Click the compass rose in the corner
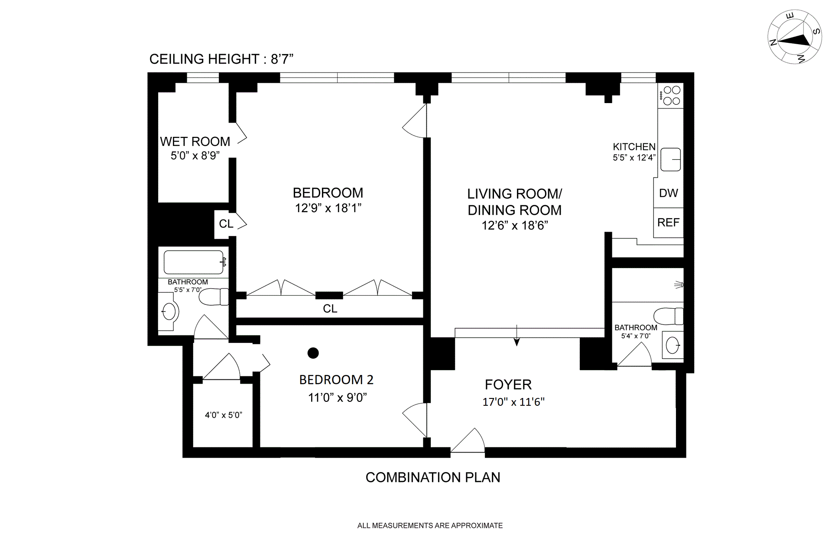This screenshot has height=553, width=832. [x=795, y=37]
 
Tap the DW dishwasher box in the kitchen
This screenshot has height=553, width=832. [x=668, y=193]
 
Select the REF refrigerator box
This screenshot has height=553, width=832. [x=668, y=223]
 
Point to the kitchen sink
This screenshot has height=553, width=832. [x=670, y=159]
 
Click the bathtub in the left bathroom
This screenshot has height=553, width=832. [x=194, y=262]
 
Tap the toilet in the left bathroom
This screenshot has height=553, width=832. [x=214, y=297]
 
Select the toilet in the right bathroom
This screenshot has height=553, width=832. [x=668, y=316]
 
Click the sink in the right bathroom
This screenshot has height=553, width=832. [x=673, y=345]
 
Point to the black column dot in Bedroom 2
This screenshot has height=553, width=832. [x=313, y=353]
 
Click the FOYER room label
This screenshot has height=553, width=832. [x=508, y=385]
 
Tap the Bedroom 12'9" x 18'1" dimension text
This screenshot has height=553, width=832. [x=328, y=208]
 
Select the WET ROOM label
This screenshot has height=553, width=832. [x=195, y=142]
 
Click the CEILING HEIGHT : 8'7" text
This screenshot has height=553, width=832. [x=221, y=59]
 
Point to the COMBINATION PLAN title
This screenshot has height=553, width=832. [x=433, y=477]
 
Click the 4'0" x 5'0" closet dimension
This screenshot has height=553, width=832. [x=223, y=415]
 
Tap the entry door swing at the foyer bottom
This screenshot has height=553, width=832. [x=468, y=440]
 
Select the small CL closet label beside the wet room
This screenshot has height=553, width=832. [x=226, y=224]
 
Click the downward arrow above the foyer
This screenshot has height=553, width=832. [x=517, y=335]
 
